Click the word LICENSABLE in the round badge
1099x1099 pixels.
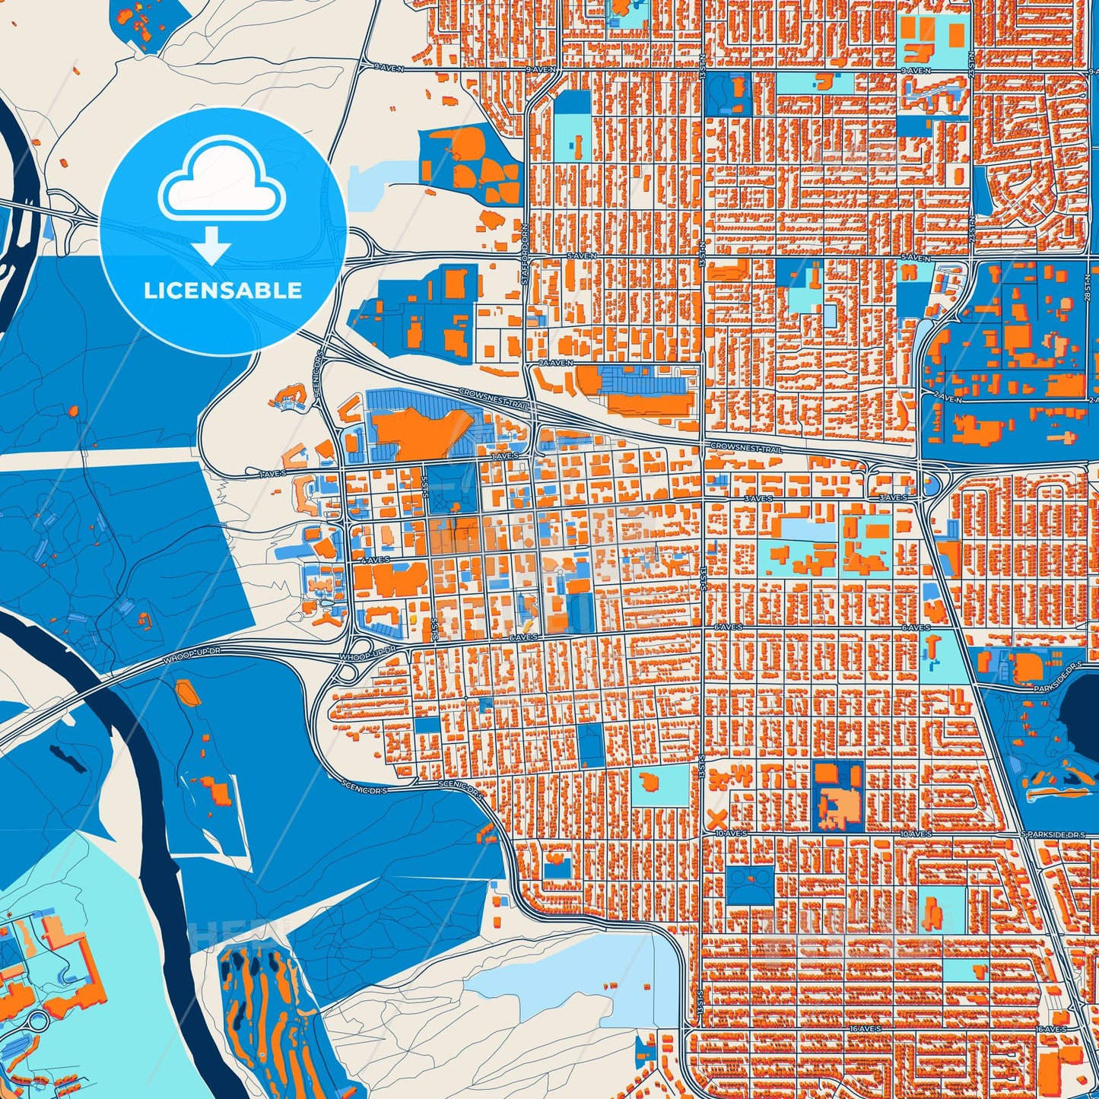pos(223,291)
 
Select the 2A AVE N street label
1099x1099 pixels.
pos(554,364)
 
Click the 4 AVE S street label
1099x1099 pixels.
pos(374,560)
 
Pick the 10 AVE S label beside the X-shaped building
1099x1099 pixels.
pos(731,834)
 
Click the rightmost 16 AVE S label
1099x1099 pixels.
pos(1051,1029)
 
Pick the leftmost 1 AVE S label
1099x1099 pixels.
pos(270,473)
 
